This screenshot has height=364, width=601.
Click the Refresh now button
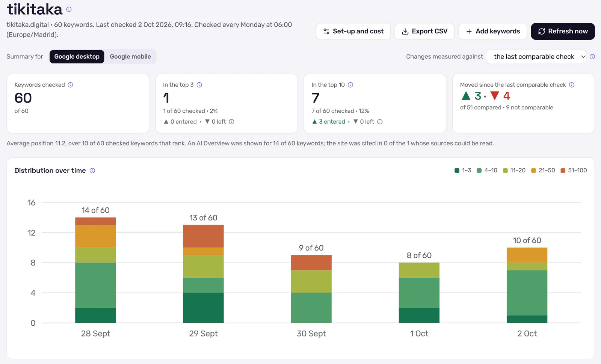(x=563, y=32)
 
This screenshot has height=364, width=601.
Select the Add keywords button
(x=492, y=32)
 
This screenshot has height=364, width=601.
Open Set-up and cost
(x=353, y=32)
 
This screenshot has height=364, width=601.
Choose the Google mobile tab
(x=130, y=57)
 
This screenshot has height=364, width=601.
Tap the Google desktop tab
(x=77, y=57)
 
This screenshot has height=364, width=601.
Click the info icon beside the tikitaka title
(x=69, y=9)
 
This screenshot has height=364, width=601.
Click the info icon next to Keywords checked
(x=70, y=85)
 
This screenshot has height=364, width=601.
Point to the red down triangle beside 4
(x=494, y=95)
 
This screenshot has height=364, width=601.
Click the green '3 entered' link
(x=329, y=122)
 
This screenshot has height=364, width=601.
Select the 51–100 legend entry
(x=574, y=170)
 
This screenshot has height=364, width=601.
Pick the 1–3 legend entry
(x=463, y=170)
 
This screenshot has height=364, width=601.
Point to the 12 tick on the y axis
(x=32, y=233)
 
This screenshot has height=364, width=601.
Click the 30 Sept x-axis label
(x=311, y=334)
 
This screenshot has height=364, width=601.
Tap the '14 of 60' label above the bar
(x=95, y=210)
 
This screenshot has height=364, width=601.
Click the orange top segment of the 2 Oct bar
(x=527, y=255)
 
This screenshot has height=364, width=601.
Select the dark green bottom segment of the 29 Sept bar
(x=203, y=308)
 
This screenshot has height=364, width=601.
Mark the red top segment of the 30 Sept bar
(x=311, y=263)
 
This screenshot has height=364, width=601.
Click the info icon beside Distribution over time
(x=92, y=171)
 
